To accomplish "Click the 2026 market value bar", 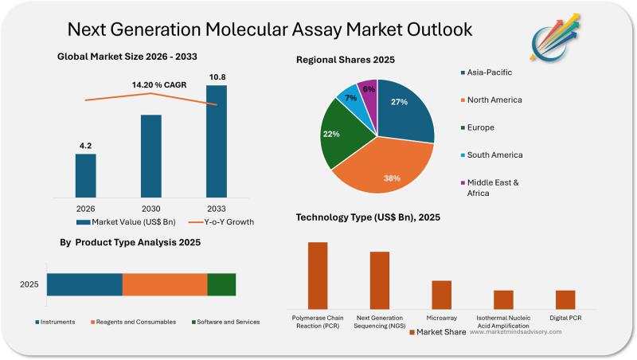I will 85,175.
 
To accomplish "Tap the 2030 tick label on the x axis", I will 150,208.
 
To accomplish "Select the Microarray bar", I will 441,295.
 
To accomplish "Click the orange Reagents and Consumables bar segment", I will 165,284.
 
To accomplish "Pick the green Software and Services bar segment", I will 221,284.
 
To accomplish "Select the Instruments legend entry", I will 55,322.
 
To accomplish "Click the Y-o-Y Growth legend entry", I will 223,221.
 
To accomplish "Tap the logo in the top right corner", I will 556,39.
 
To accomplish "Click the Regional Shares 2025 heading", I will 345,60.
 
